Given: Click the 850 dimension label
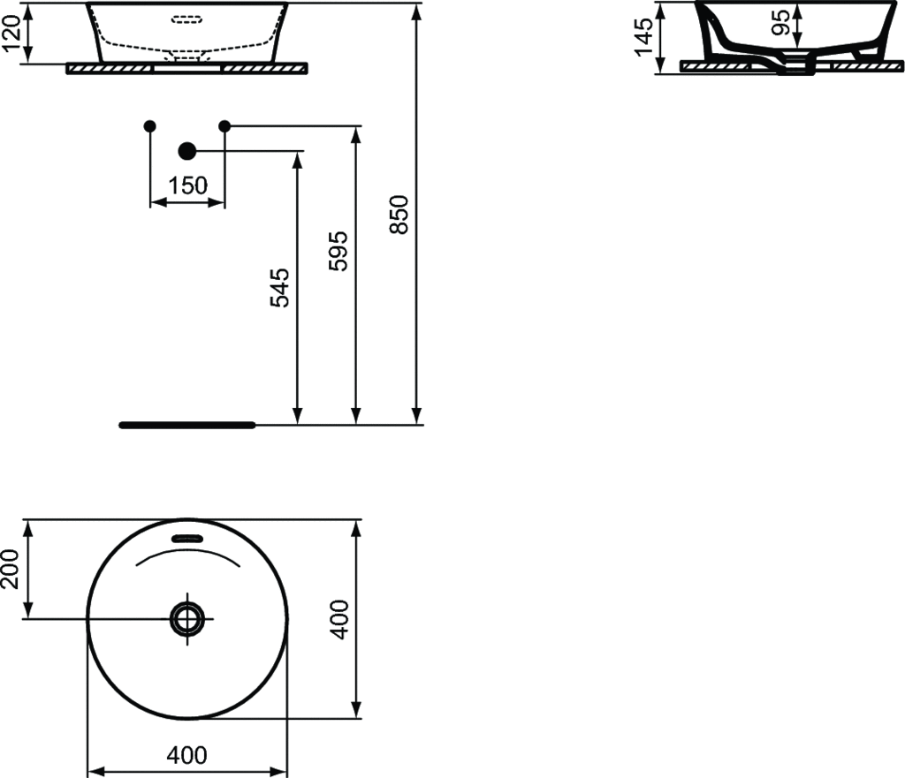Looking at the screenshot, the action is coord(399,215).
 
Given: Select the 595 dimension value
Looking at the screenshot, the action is coord(338,251).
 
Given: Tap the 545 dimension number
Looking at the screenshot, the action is coord(280,287).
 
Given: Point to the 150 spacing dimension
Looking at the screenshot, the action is coord(187,185).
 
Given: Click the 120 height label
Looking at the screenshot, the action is coord(11,34).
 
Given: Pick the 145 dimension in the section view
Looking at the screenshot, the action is coord(643,37).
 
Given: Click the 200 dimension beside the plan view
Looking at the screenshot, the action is coord(10,569).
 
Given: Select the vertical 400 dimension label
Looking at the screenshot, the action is coord(340,619).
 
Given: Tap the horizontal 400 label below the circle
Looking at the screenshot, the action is coord(186,755).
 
